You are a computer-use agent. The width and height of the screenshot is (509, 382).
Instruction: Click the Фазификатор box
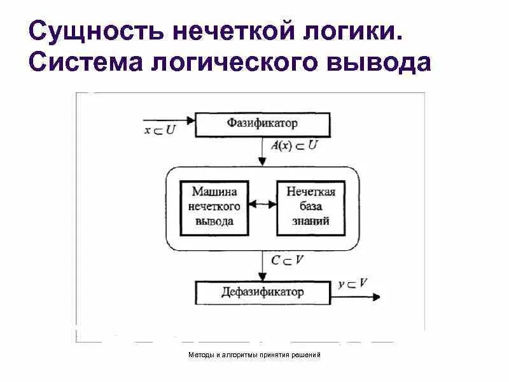pyautogui.click(x=262, y=124)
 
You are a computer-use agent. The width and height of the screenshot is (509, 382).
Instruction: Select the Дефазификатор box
pyautogui.click(x=262, y=293)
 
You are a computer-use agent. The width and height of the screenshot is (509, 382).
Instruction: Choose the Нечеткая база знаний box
pyautogui.click(x=311, y=206)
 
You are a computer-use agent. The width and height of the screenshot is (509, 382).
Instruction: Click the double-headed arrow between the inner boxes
pyautogui.click(x=261, y=205)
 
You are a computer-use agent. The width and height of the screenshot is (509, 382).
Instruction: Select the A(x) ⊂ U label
pyautogui.click(x=294, y=146)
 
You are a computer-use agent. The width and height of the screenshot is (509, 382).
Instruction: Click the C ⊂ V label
pyautogui.click(x=286, y=260)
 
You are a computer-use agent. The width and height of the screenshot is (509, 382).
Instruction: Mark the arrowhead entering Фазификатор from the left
pyautogui.click(x=190, y=119)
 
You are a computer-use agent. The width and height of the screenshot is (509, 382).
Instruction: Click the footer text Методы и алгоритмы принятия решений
pyautogui.click(x=254, y=355)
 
